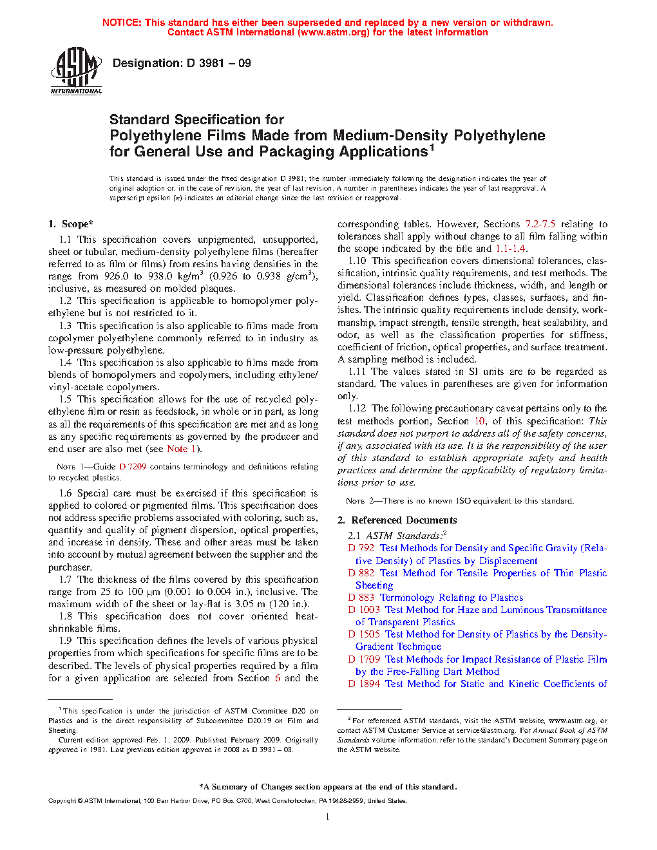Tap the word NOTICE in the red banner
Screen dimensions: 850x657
[x=122, y=23]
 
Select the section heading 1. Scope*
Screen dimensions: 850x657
[x=71, y=224]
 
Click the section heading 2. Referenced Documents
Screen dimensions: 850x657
[x=397, y=520]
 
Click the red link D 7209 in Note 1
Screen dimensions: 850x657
[x=133, y=467]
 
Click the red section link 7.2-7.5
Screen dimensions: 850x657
[x=540, y=224]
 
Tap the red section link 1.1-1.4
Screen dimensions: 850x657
[x=510, y=249]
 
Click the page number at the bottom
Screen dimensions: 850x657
[x=328, y=817]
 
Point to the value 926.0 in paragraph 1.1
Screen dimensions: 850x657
[x=117, y=276]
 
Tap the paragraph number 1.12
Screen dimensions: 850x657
[x=357, y=408]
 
